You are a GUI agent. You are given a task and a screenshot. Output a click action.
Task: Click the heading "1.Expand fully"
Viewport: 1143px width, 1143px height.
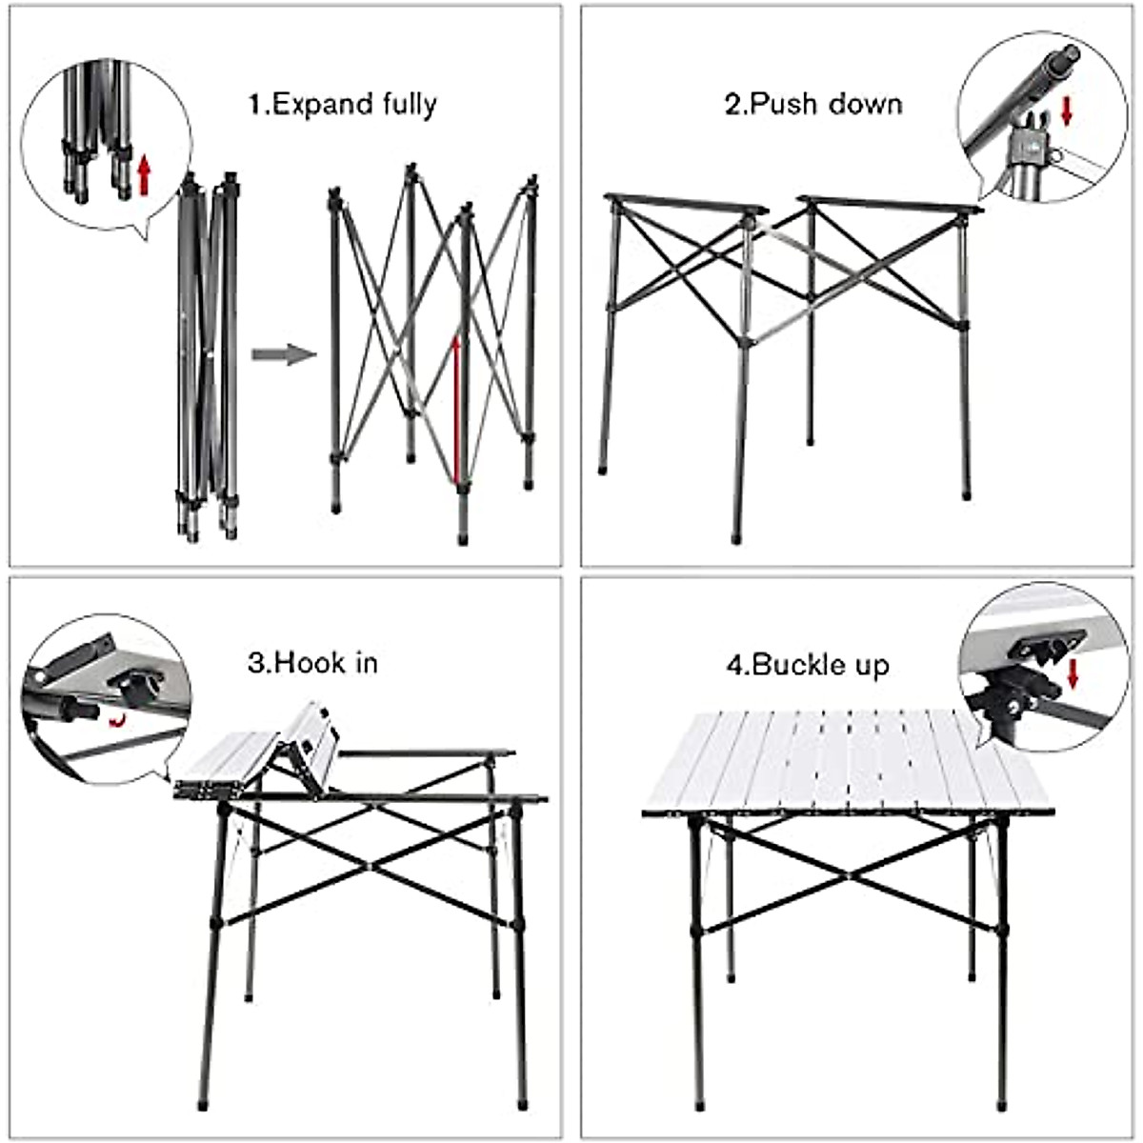(342, 104)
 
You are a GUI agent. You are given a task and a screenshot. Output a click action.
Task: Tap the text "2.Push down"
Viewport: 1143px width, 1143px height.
(812, 104)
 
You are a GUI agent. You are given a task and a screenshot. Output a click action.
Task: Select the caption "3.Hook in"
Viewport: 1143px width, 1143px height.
(312, 662)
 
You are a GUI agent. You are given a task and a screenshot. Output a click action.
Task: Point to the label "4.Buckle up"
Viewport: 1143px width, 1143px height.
(808, 664)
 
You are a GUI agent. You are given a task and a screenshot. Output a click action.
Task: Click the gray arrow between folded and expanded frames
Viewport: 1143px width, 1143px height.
(283, 355)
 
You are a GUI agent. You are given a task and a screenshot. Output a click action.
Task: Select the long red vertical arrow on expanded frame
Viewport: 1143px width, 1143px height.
(456, 410)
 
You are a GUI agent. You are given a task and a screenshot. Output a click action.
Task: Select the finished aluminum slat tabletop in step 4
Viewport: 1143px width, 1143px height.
(843, 762)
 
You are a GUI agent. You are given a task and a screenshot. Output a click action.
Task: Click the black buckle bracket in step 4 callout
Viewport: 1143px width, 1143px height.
(1044, 651)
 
